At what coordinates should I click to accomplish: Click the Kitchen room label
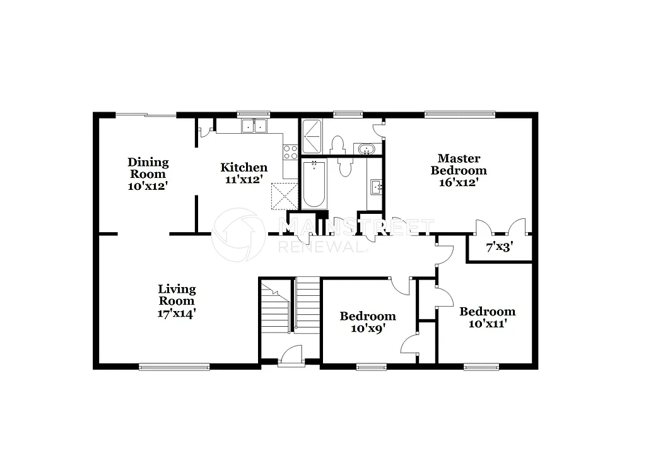(x=244, y=167)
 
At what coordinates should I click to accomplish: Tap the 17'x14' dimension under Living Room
(x=177, y=312)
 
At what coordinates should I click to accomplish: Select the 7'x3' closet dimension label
(x=498, y=248)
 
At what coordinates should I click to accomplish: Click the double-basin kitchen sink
(x=254, y=126)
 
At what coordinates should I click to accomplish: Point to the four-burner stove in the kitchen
(x=290, y=151)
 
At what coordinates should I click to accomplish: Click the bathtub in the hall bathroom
(x=314, y=184)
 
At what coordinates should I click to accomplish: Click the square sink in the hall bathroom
(x=375, y=185)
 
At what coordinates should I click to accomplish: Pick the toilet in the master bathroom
(x=338, y=143)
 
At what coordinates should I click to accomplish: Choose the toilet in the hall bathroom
(x=345, y=168)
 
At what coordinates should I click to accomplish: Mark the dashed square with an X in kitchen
(x=284, y=196)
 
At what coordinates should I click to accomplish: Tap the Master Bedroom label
(x=459, y=164)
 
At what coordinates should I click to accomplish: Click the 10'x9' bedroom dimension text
(x=368, y=328)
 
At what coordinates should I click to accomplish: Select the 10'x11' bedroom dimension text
(x=487, y=324)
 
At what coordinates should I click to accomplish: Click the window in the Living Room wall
(x=174, y=366)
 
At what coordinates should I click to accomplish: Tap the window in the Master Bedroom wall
(x=459, y=114)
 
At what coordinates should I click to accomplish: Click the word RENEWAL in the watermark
(x=322, y=247)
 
